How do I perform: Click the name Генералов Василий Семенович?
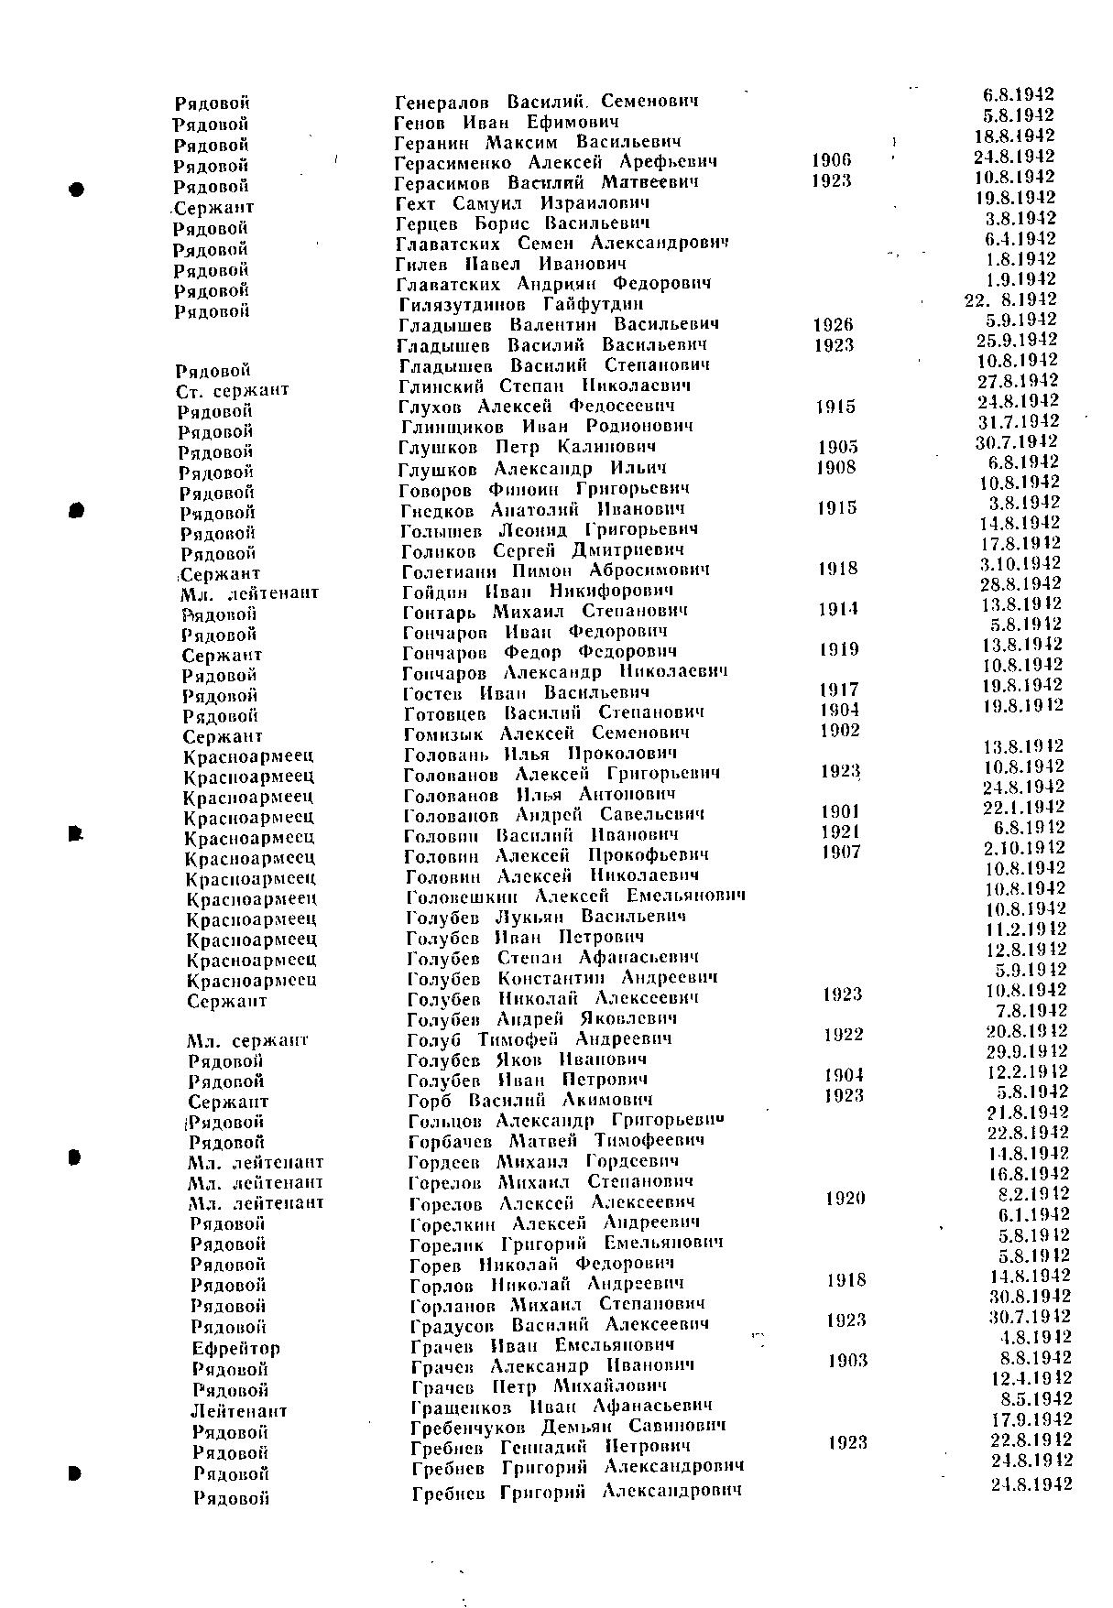pos(547,102)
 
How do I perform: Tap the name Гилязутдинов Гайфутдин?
pos(521,304)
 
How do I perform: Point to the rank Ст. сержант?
pos(233,391)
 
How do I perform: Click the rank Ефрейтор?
pos(236,1349)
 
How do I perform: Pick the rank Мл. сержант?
pos(247,1041)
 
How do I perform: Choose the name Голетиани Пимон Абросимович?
pos(555,570)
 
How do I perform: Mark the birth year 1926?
pos(833,324)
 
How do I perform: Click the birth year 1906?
pos(831,161)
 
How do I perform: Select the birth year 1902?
pos(840,731)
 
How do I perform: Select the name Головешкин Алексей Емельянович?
pos(574,896)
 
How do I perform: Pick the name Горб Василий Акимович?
pos(529,1100)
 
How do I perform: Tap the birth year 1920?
pos(846,1199)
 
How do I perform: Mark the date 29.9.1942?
pos(1027,1051)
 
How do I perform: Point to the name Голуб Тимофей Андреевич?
pos(539,1039)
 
